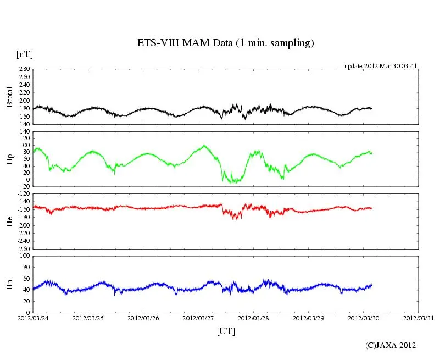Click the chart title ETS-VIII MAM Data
(x=225, y=43)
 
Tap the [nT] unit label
(x=24, y=54)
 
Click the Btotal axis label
(x=9, y=97)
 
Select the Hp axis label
(x=9, y=159)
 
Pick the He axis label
(x=9, y=221)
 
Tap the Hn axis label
(x=9, y=284)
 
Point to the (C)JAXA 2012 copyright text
(x=391, y=345)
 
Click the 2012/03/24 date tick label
(x=33, y=318)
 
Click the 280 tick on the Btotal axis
(x=23, y=69)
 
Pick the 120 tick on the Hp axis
(x=23, y=131)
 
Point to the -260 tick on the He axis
(x=21, y=248)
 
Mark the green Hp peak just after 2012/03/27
(x=204, y=146)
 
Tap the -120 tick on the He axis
(x=21, y=194)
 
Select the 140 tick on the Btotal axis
(x=23, y=124)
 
